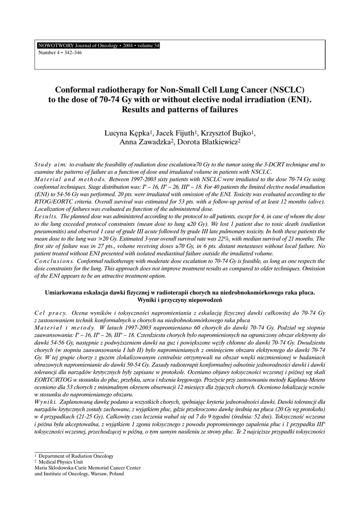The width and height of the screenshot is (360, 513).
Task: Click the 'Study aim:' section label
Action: point(50,165)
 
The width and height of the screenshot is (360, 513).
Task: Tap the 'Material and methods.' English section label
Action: point(70,179)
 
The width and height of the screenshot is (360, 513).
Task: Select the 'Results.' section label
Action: point(46,215)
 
